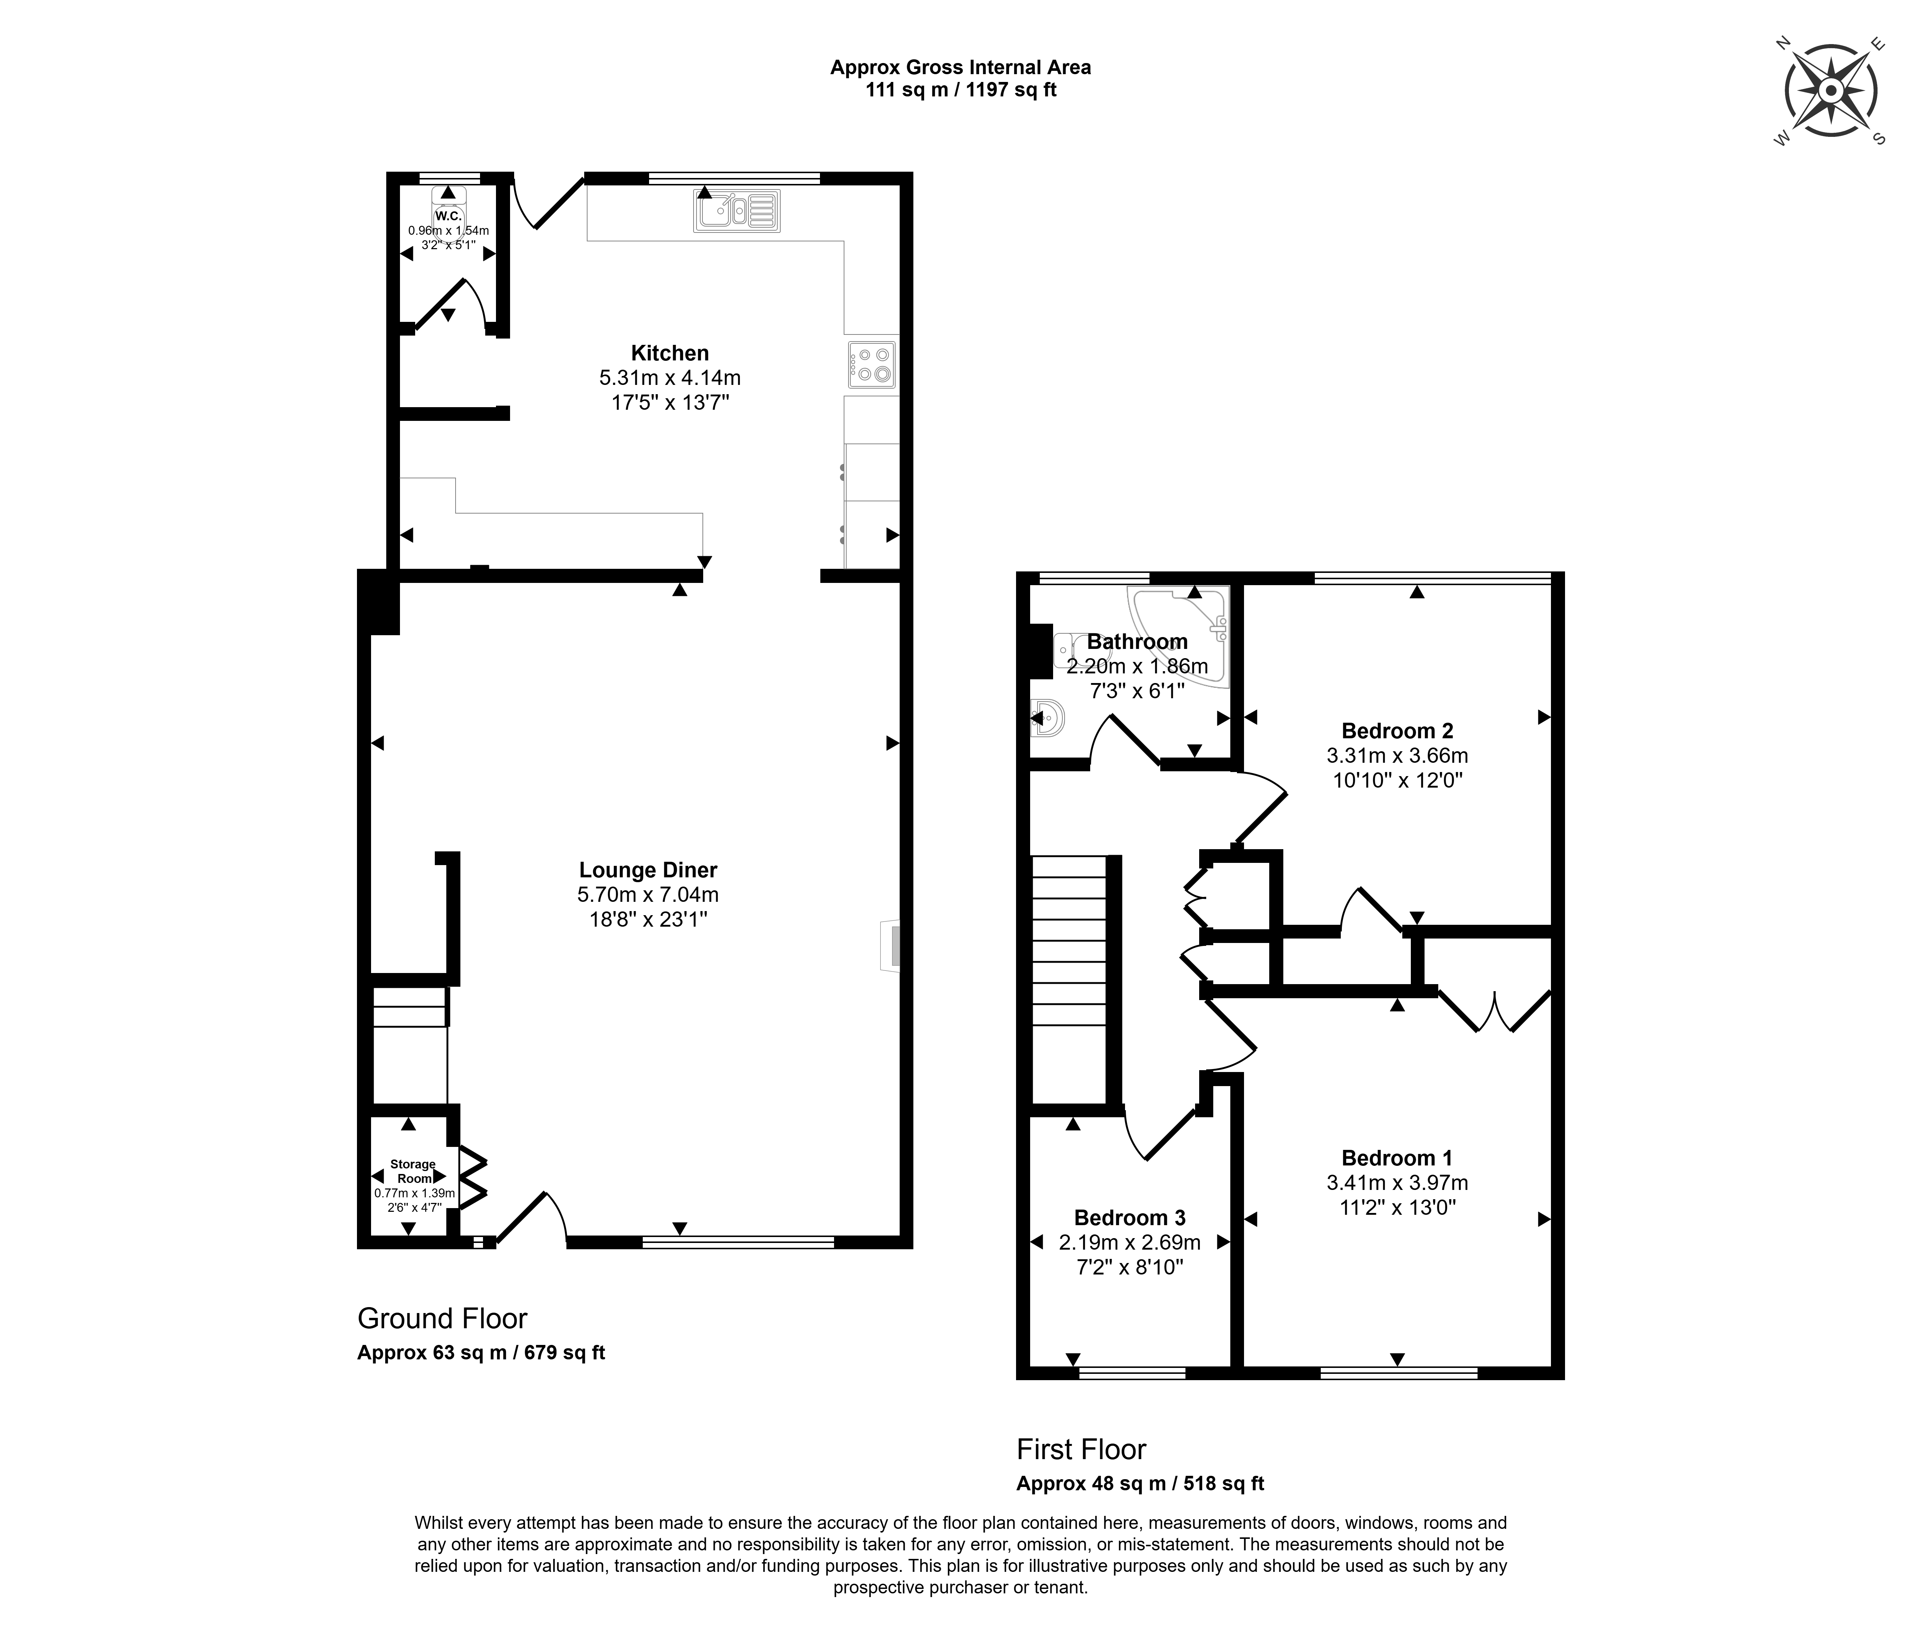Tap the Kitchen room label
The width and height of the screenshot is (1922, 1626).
click(x=670, y=353)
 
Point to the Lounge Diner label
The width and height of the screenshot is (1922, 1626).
click(x=648, y=870)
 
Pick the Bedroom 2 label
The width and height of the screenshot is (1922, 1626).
click(x=1397, y=731)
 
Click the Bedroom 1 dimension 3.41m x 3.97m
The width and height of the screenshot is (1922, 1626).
click(x=1397, y=1183)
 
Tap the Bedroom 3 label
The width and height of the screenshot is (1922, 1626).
click(x=1129, y=1218)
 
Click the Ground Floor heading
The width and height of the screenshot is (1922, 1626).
click(x=442, y=1319)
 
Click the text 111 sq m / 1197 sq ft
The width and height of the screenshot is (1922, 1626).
click(x=960, y=90)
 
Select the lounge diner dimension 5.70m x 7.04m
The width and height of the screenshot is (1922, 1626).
click(x=648, y=894)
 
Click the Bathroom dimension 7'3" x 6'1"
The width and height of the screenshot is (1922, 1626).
click(x=1137, y=689)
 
